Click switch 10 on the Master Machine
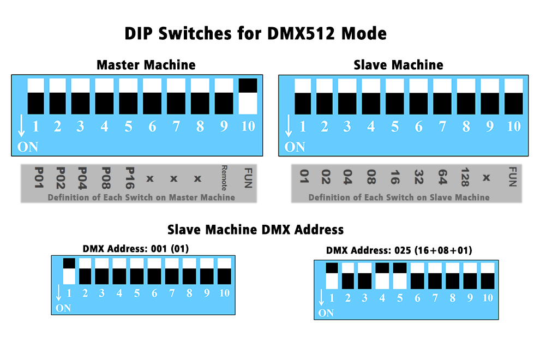(248, 96)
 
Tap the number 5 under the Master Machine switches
(128, 127)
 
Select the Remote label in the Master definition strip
(224, 178)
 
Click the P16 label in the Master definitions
(129, 178)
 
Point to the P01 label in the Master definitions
(39, 178)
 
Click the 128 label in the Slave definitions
(465, 177)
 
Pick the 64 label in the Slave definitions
(442, 177)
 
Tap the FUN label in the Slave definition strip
(512, 177)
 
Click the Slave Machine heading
(399, 65)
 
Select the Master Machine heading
(146, 65)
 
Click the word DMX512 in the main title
(301, 33)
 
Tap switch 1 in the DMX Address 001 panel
(69, 271)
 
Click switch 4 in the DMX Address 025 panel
(382, 276)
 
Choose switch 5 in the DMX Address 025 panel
(400, 276)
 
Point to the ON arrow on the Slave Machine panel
(289, 126)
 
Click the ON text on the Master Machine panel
(28, 147)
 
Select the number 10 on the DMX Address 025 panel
(488, 298)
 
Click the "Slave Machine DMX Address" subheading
(255, 230)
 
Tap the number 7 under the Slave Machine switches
(442, 127)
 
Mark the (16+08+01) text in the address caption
(443, 250)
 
